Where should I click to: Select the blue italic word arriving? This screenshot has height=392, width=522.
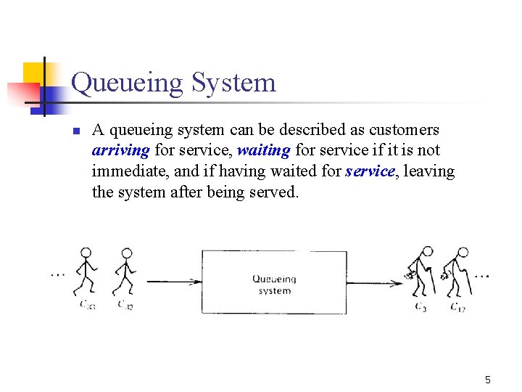pyautogui.click(x=121, y=151)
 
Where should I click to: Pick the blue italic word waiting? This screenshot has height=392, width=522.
pyautogui.click(x=264, y=151)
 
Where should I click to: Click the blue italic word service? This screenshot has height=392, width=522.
pyautogui.click(x=370, y=172)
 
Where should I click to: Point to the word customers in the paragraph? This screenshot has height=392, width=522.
pyautogui.click(x=404, y=130)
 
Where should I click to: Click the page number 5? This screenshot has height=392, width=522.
pyautogui.click(x=488, y=379)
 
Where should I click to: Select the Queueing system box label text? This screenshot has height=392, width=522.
pyautogui.click(x=274, y=285)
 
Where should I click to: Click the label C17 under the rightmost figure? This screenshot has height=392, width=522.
pyautogui.click(x=457, y=307)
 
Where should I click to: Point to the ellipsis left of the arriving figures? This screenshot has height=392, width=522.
pyautogui.click(x=58, y=274)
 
